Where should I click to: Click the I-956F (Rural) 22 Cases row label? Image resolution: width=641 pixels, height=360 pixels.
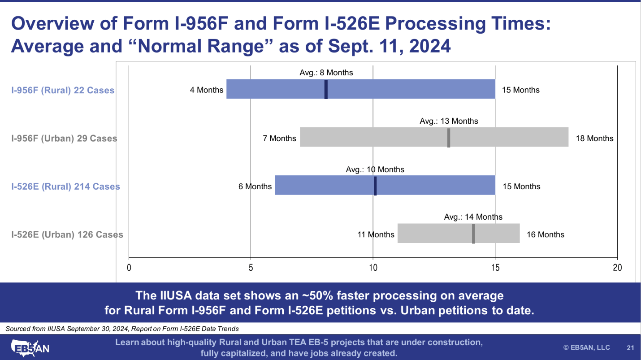pyautogui.click(x=63, y=90)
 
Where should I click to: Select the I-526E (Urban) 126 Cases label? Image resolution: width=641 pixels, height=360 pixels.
pyautogui.click(x=67, y=234)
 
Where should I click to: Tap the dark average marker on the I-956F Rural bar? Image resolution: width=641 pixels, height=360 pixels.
pyautogui.click(x=326, y=89)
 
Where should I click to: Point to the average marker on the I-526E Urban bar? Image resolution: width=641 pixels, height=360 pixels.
pyautogui.click(x=473, y=234)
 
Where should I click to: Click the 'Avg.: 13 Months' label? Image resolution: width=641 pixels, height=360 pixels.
pyautogui.click(x=449, y=121)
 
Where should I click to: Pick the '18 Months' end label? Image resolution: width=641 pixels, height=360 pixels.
pyautogui.click(x=594, y=138)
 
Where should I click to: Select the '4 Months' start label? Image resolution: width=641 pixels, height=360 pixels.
pyautogui.click(x=207, y=90)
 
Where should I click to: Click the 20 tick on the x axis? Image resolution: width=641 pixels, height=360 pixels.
pyautogui.click(x=617, y=268)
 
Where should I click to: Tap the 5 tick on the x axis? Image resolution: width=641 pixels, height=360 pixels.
pyautogui.click(x=251, y=268)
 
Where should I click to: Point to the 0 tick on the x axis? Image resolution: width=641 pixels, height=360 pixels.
pyautogui.click(x=129, y=268)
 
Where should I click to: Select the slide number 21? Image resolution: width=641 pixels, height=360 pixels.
pyautogui.click(x=630, y=347)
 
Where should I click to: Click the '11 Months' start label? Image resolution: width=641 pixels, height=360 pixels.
pyautogui.click(x=376, y=234)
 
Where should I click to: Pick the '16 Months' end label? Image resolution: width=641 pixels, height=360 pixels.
pyautogui.click(x=546, y=234)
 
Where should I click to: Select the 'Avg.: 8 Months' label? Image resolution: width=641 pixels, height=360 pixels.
pyautogui.click(x=326, y=73)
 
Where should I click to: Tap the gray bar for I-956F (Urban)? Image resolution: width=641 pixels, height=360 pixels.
pyautogui.click(x=381, y=137)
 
